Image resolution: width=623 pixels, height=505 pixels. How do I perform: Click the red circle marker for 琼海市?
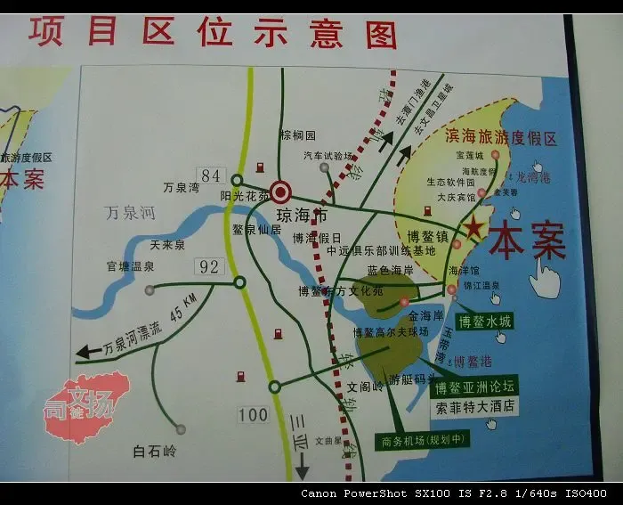pos(281,191)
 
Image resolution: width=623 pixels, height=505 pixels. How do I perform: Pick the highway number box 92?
pos(210,265)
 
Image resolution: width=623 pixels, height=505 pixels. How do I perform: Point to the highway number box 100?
pos(253,414)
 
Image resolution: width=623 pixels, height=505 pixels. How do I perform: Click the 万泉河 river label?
pos(130,214)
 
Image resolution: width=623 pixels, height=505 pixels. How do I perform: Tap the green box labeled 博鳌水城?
pos(484,321)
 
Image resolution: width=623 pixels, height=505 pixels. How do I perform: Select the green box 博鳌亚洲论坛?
pos(473,387)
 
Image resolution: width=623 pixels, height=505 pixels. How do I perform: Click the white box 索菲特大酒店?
pos(474,407)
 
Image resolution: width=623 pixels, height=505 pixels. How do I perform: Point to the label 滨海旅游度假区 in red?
pos(500,139)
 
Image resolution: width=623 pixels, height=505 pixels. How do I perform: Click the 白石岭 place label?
pos(155,451)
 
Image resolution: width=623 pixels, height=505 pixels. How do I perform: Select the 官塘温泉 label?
pos(131,265)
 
